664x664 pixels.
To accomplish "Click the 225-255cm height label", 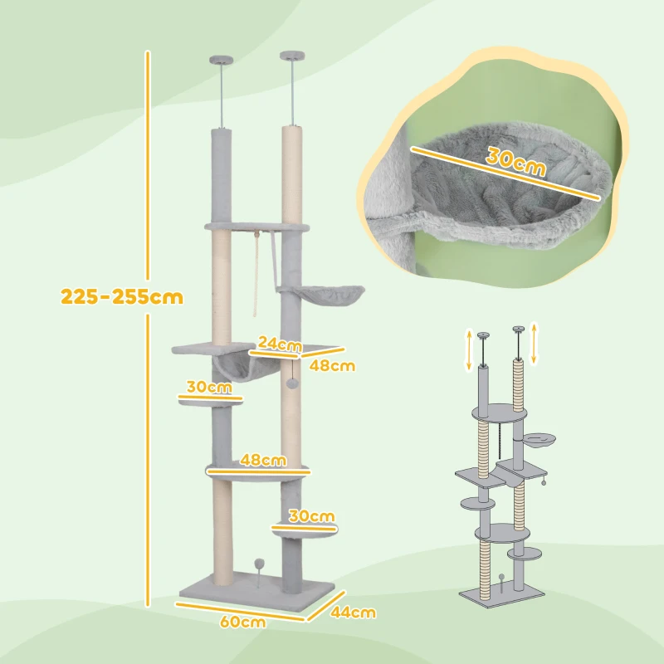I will coord(122,296).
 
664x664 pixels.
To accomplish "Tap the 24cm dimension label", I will coord(277,343).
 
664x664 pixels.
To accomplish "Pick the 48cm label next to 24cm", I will coord(333,364).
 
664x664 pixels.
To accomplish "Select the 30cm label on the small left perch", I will coord(208,387).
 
